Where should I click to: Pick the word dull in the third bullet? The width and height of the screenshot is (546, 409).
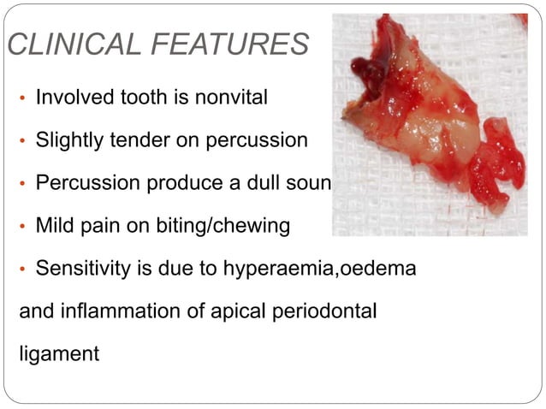coord(258,184)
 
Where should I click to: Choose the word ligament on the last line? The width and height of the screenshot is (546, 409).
coord(59,353)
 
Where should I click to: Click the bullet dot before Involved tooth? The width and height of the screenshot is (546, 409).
coord(24,98)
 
